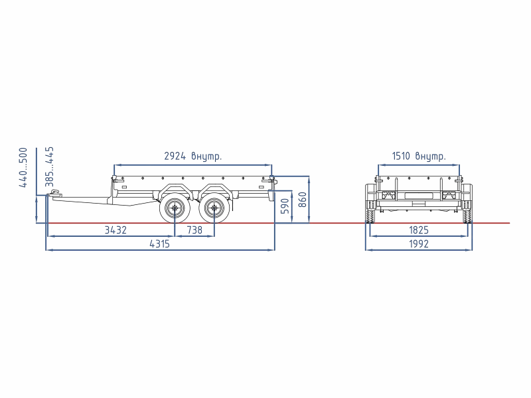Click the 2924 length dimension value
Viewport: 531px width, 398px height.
pos(175,156)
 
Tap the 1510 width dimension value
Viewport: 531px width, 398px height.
pos(401,156)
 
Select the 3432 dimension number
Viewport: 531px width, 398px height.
pos(115,230)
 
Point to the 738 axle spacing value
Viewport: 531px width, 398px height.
pos(194,230)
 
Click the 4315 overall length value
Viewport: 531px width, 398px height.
pos(159,243)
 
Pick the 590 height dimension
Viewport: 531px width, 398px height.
pos(285,206)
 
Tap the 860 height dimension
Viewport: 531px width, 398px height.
pos(303,200)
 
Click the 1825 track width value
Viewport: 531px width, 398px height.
pos(419,230)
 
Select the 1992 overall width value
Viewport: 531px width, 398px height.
pos(419,243)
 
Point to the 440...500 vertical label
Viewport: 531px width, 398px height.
pos(23,168)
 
